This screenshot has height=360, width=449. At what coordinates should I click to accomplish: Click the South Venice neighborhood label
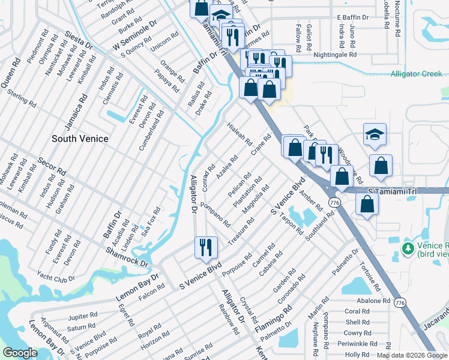point(80,139)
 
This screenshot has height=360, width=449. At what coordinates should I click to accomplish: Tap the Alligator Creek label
point(416,74)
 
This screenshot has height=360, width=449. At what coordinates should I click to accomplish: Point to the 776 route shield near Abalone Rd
point(400,304)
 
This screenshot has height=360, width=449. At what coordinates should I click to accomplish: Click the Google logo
point(20,353)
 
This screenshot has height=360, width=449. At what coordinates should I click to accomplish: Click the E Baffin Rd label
point(357,17)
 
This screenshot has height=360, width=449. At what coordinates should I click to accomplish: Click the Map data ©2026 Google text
point(411,355)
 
